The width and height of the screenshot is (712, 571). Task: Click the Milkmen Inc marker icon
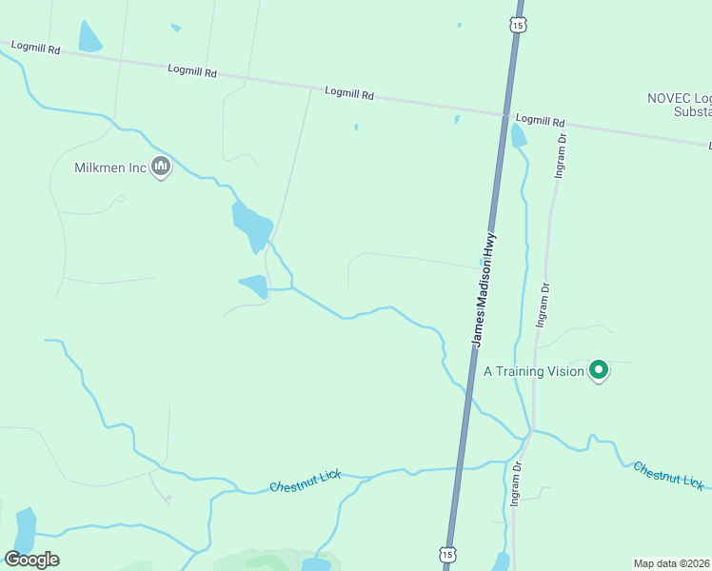click(x=161, y=167)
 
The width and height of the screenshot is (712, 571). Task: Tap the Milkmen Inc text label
click(x=110, y=167)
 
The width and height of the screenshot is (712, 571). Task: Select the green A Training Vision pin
click(x=599, y=369)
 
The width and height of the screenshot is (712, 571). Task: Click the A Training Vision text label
click(x=533, y=371)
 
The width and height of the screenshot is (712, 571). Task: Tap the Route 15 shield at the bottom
click(x=447, y=553)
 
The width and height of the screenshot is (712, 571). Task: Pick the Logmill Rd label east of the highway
click(x=541, y=122)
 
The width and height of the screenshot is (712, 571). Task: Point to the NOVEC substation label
click(x=679, y=105)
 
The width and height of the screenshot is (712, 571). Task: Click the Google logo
click(x=31, y=560)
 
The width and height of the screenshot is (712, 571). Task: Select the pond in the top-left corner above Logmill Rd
click(x=89, y=37)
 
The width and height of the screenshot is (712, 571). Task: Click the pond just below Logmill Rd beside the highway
click(x=518, y=136)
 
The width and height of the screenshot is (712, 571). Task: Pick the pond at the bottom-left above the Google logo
click(x=25, y=528)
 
